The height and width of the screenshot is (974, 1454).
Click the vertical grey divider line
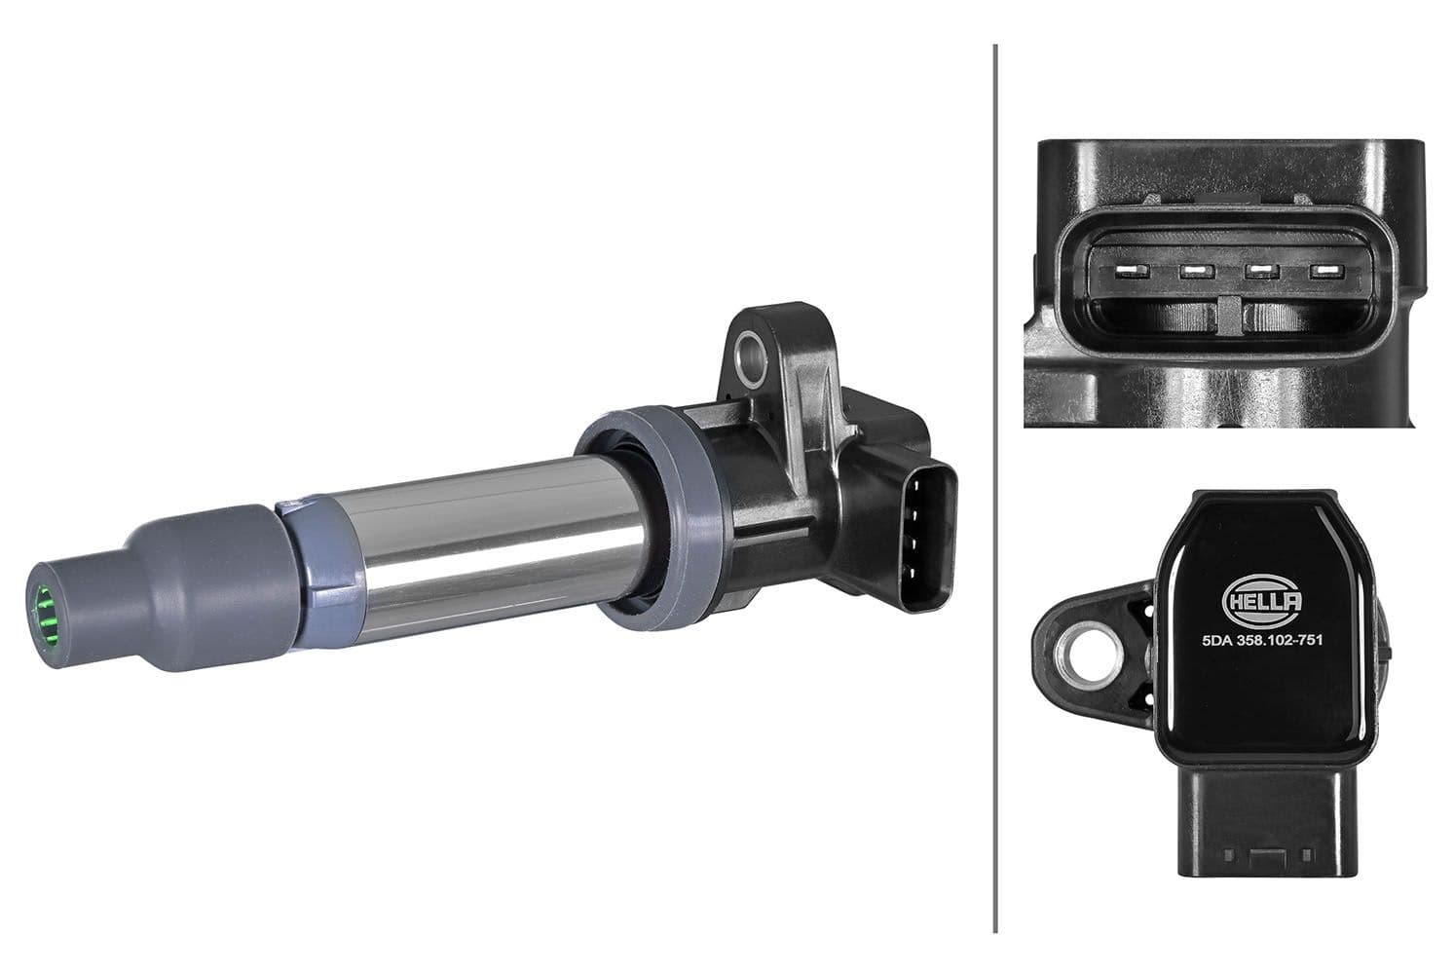994,487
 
